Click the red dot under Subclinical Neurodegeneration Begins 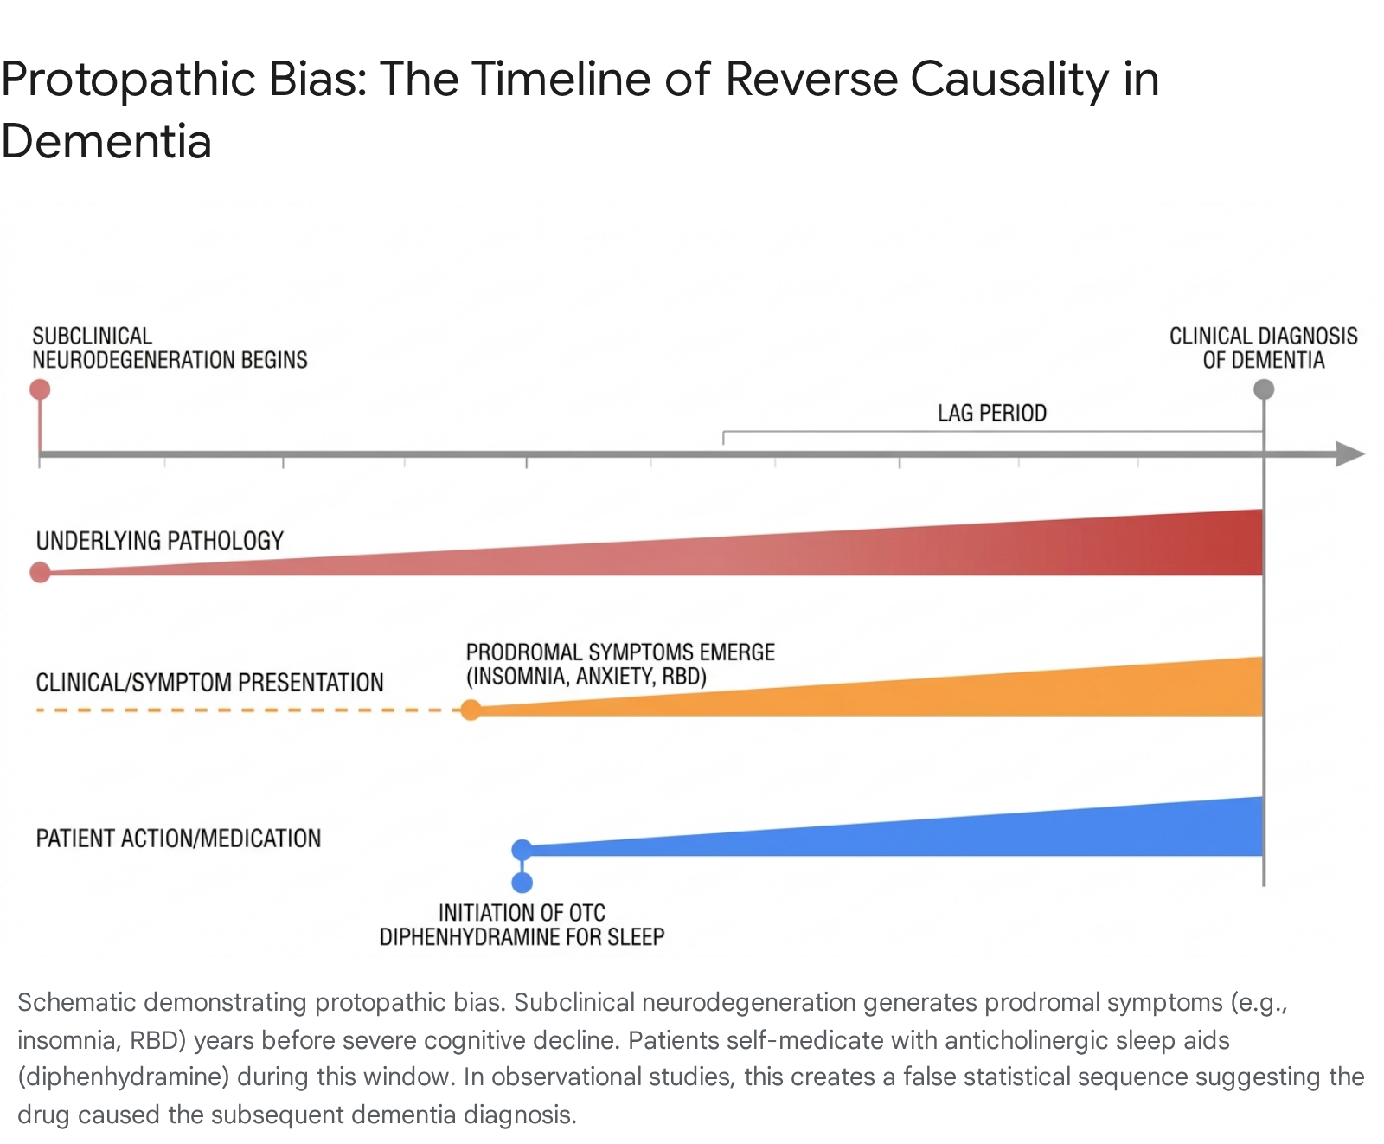point(40,389)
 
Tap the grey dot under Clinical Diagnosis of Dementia point(1264,389)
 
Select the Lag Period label point(992,414)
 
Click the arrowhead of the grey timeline point(1350,454)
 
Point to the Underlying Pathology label point(160,541)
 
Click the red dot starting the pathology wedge point(40,572)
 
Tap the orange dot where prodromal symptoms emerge point(471,710)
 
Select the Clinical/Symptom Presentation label point(209,683)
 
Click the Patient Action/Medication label point(178,839)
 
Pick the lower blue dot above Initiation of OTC point(522,883)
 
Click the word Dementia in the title point(106,142)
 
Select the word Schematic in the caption point(77,1002)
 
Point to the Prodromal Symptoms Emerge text point(620,652)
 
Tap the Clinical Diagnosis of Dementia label point(1264,348)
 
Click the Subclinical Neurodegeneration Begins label point(170,348)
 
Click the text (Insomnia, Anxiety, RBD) point(586,677)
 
